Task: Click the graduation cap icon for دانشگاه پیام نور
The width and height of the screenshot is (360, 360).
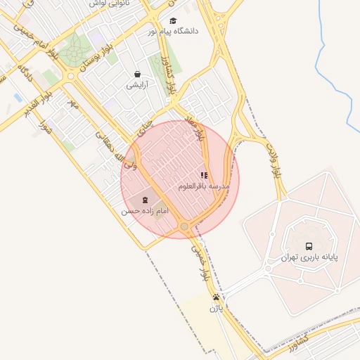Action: pos(174,20)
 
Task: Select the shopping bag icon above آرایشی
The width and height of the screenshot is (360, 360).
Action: pos(137,74)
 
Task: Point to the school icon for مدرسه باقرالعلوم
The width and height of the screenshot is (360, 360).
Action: pos(203,175)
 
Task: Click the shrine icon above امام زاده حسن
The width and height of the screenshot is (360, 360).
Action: pos(145,200)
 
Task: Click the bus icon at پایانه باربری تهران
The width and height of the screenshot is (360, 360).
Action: pos(309,246)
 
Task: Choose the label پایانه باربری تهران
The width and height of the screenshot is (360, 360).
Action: pos(309,257)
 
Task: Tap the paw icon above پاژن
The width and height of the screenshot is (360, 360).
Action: pos(216,297)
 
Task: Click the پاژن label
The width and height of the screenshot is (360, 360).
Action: pos(216,308)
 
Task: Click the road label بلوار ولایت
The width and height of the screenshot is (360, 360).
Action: pos(274,161)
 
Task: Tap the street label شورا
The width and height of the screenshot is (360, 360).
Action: pos(46,128)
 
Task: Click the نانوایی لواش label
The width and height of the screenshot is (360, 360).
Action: pos(108,4)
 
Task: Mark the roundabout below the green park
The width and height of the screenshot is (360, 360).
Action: pos(70,76)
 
